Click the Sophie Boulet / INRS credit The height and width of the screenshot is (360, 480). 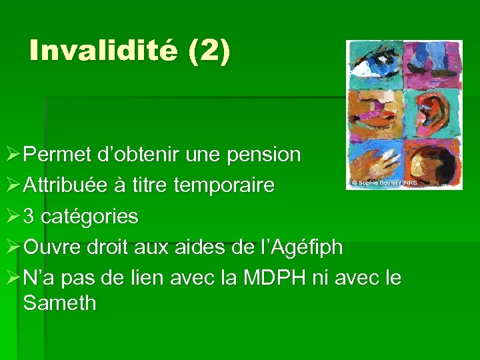tap(381, 182)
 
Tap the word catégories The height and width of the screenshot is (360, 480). tap(88, 216)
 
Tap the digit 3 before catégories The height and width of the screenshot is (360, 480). tap(29, 216)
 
